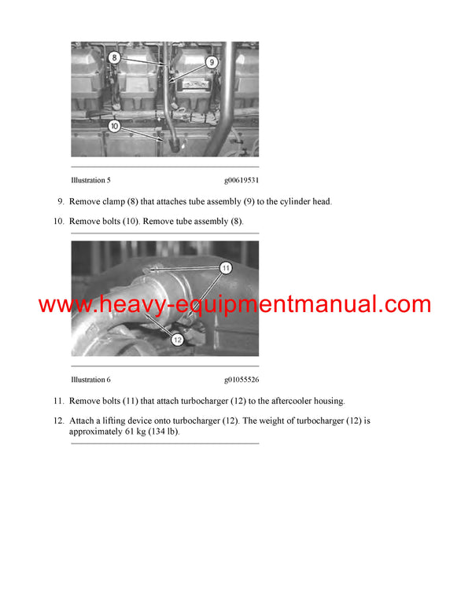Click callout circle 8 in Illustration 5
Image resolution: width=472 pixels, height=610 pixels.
pyautogui.click(x=115, y=57)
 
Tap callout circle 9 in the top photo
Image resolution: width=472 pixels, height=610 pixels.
pyautogui.click(x=212, y=61)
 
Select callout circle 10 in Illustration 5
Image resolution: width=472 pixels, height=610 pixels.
pyautogui.click(x=115, y=126)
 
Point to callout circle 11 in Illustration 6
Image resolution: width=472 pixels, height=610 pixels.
pyautogui.click(x=226, y=268)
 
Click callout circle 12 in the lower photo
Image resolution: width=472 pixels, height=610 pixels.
pyautogui.click(x=178, y=340)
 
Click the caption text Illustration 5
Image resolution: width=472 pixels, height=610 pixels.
pyautogui.click(x=90, y=180)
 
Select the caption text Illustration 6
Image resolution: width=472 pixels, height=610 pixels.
pyautogui.click(x=90, y=380)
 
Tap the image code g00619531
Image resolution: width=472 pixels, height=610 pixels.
pyautogui.click(x=241, y=180)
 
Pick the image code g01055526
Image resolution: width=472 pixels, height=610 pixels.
pyautogui.click(x=241, y=380)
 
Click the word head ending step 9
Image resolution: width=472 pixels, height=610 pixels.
pyautogui.click(x=322, y=201)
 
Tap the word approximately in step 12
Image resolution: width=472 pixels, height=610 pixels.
pyautogui.click(x=94, y=432)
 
